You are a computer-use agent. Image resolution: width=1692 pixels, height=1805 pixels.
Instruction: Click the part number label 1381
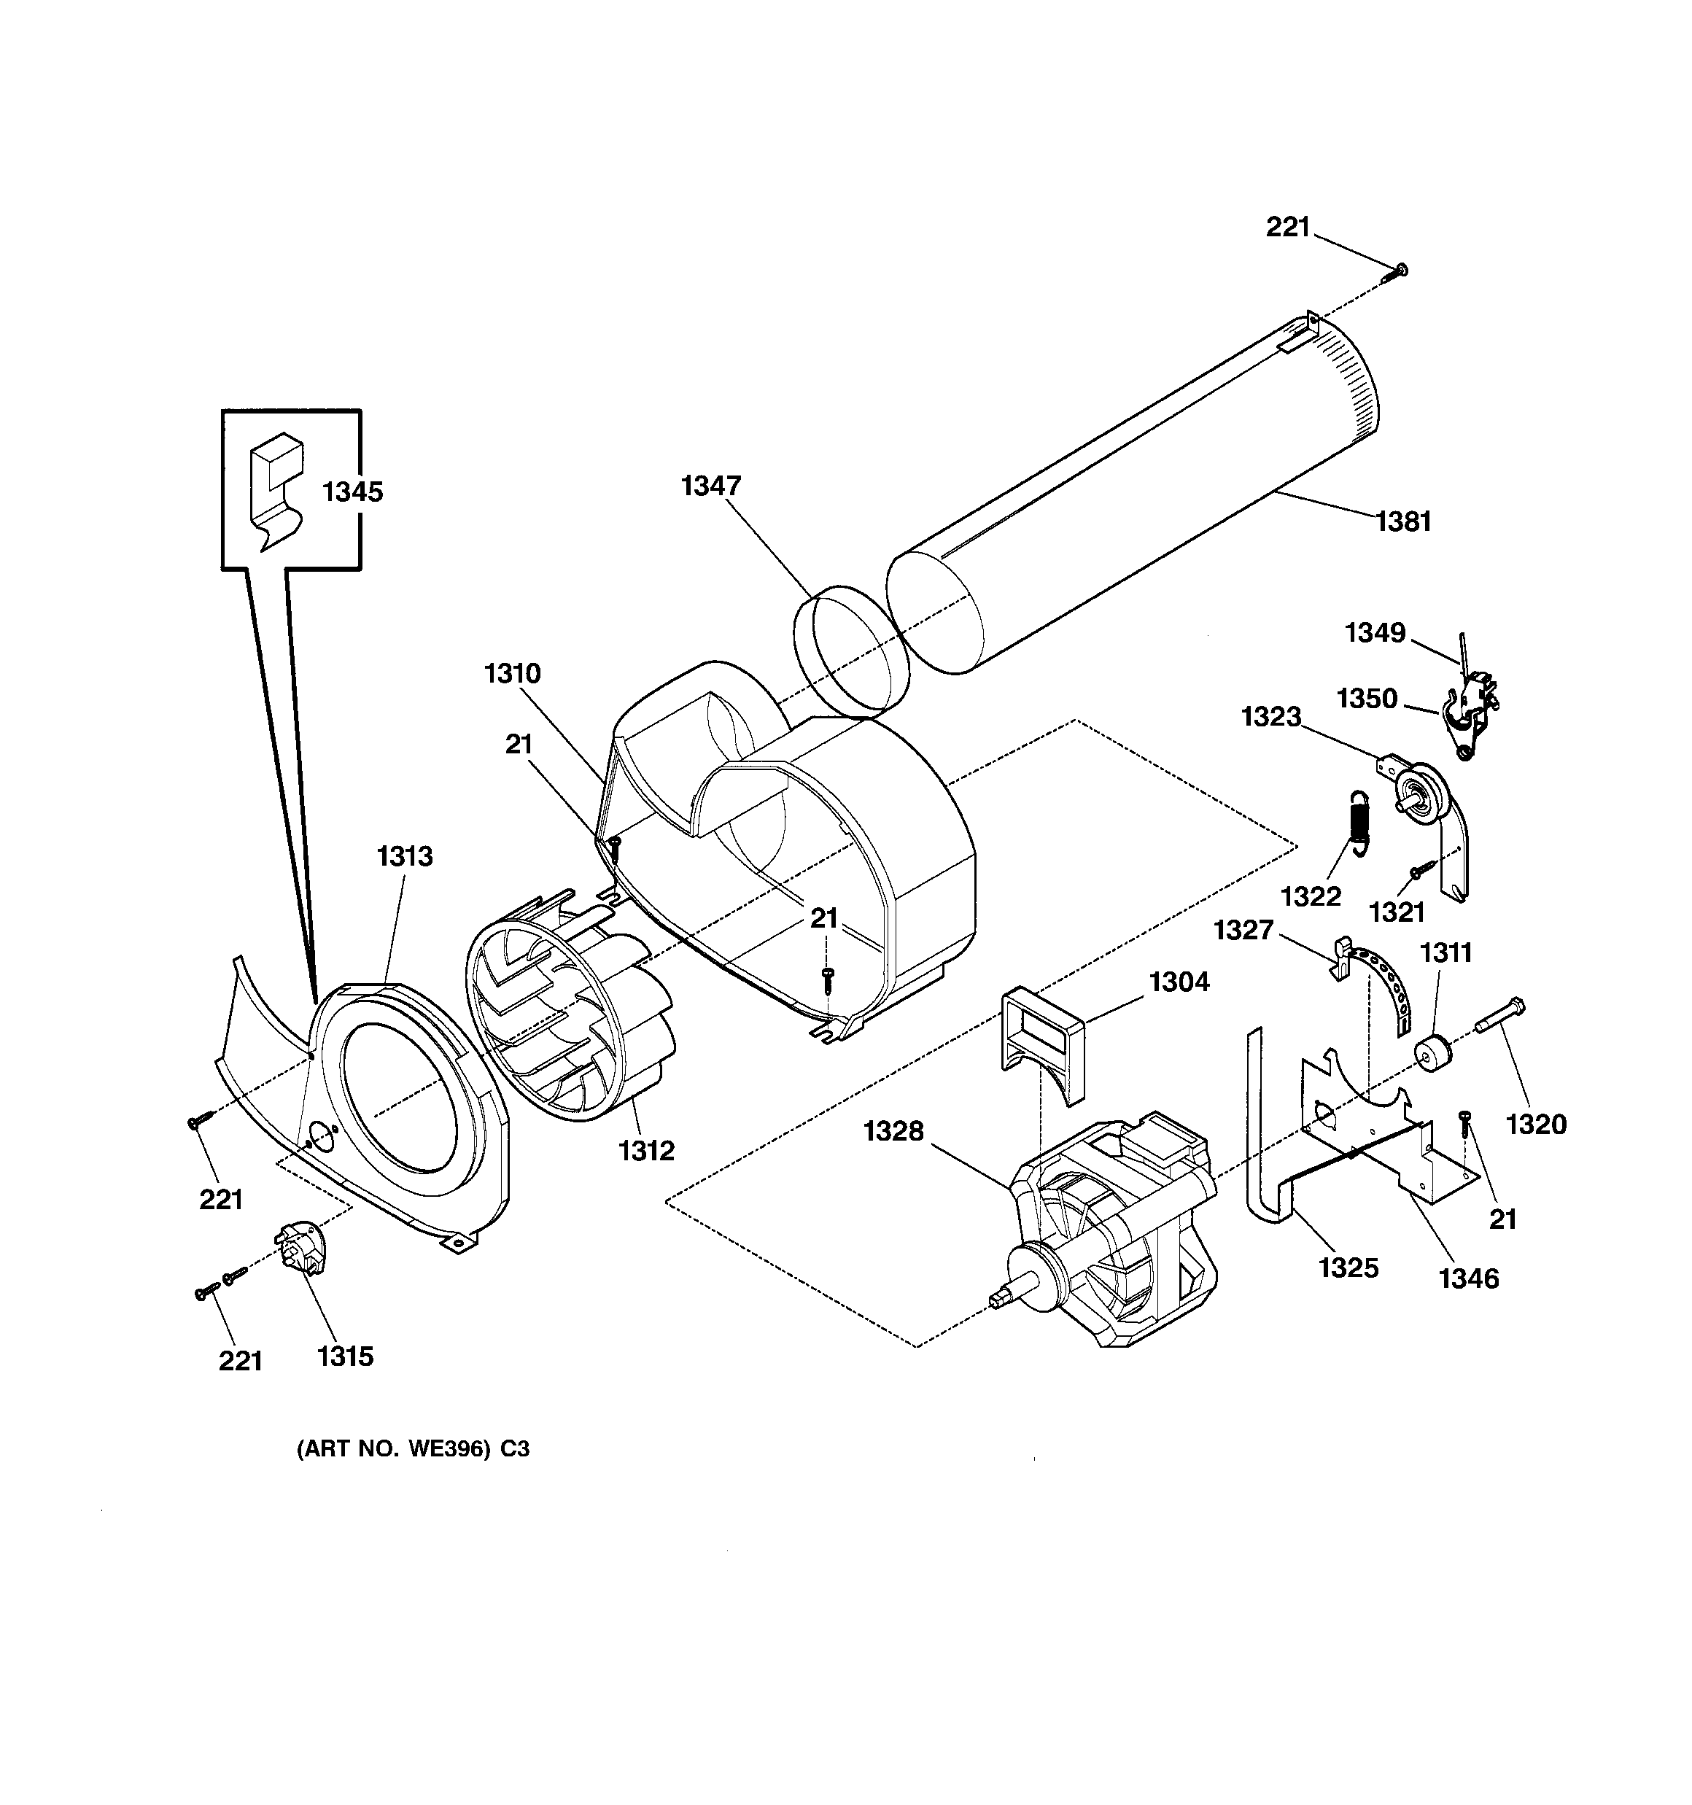(x=1403, y=521)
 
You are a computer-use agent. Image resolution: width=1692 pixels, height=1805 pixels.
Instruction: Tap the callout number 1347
(x=711, y=486)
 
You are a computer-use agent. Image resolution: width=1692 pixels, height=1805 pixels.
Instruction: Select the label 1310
(x=512, y=673)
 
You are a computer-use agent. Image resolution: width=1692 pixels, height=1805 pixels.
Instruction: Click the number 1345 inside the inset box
(x=352, y=492)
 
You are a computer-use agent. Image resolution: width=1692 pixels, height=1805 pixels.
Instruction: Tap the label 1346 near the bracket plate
(x=1469, y=1278)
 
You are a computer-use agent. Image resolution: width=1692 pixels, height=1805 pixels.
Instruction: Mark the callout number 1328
(x=893, y=1130)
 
